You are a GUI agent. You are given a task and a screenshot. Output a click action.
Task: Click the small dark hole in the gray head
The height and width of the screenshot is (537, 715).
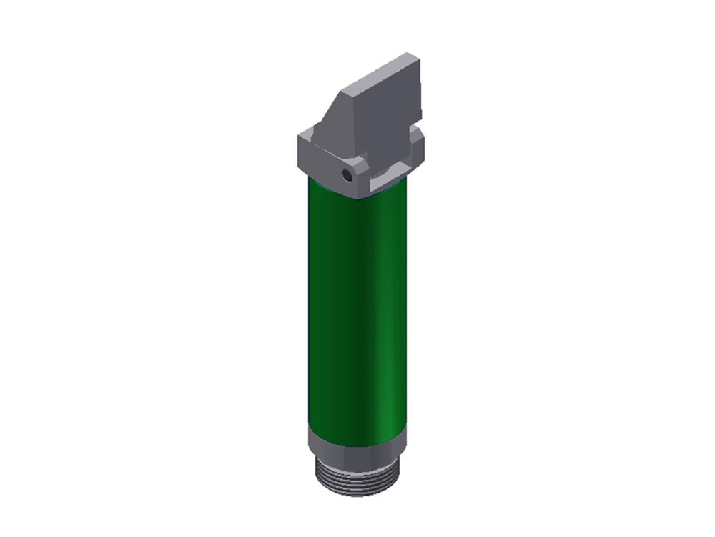[x=347, y=174]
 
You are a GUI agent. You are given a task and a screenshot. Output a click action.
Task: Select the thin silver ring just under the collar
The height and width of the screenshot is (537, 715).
[x=353, y=458]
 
